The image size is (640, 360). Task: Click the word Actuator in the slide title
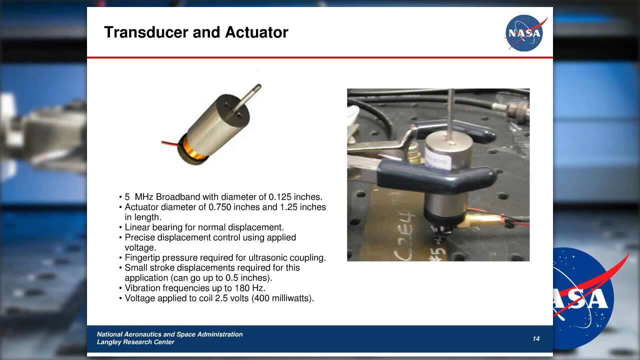pyautogui.click(x=256, y=32)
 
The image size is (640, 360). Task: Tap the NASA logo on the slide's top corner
pyautogui.click(x=524, y=33)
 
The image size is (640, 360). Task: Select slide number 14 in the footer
pyautogui.click(x=536, y=339)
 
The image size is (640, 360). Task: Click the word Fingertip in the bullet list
pyautogui.click(x=142, y=257)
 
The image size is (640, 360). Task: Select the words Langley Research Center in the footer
pyautogui.click(x=135, y=342)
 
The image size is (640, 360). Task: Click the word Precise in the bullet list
pyautogui.click(x=139, y=237)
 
